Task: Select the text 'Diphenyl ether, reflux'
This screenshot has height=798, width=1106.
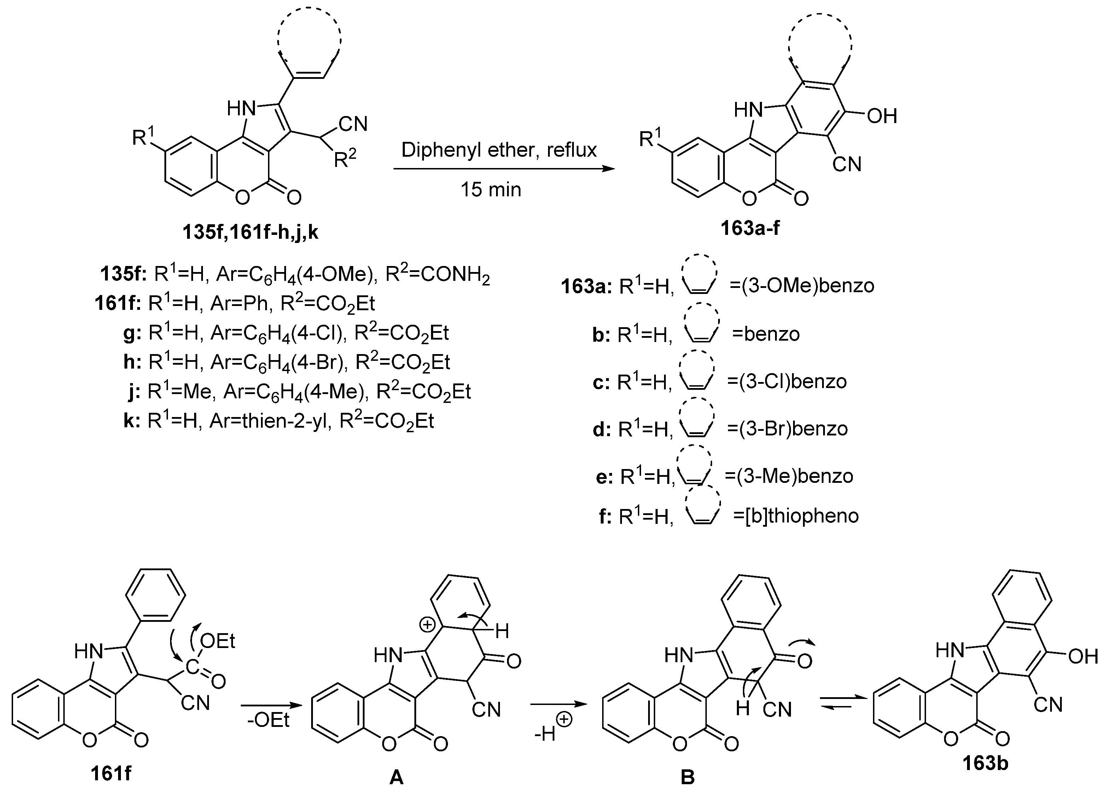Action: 499,150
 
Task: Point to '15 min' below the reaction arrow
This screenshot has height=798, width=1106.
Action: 491,189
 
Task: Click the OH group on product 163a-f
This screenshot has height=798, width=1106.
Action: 882,116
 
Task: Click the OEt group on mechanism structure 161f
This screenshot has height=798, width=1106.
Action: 217,641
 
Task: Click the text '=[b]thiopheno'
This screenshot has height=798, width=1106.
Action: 796,516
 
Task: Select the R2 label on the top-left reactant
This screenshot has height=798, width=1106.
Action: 345,157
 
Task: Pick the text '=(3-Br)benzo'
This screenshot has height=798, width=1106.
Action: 787,429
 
